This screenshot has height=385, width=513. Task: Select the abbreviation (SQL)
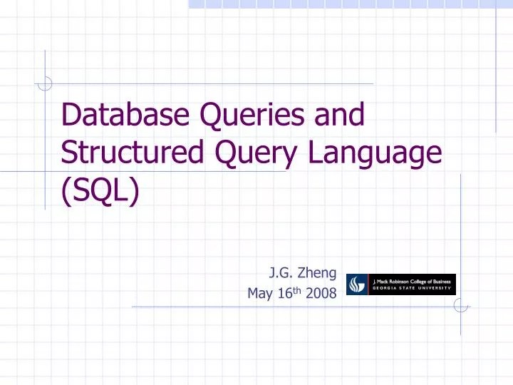[100, 191]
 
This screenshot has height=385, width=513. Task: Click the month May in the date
[260, 293]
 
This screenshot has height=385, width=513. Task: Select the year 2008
[322, 293]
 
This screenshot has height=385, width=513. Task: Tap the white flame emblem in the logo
[356, 284]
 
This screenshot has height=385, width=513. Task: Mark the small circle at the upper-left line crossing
[45, 83]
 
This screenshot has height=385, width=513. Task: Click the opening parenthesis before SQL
[67, 191]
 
